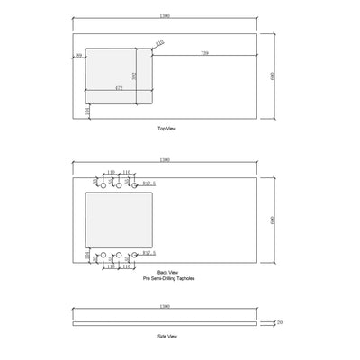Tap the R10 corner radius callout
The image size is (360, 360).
[159, 43]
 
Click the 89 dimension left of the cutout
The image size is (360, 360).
[80, 55]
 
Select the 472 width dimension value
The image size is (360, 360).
[119, 88]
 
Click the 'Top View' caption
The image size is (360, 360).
[166, 130]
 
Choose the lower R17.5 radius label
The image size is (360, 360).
[150, 255]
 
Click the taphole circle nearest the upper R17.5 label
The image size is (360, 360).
[133, 184]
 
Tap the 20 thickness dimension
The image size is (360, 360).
[280, 320]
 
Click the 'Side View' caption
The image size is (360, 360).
[167, 336]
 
